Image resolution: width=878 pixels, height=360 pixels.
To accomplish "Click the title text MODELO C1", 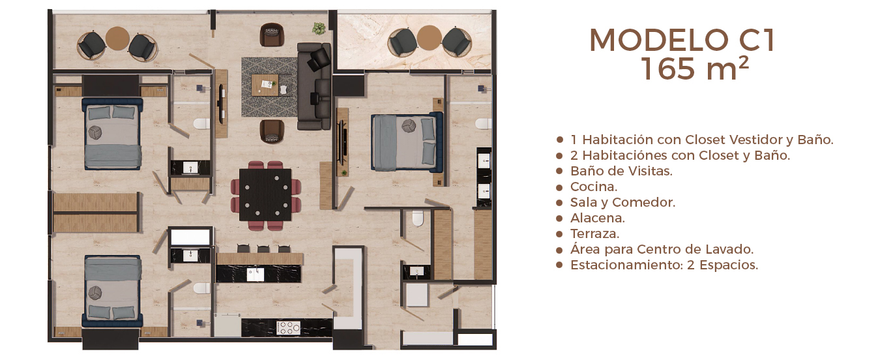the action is pyautogui.click(x=682, y=40).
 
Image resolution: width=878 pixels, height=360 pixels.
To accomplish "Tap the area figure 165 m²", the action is pyautogui.click(x=695, y=68).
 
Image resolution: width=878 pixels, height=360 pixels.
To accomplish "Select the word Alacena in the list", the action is pyautogui.click(x=597, y=218).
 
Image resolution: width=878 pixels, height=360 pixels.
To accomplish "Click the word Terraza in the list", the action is pyautogui.click(x=594, y=233).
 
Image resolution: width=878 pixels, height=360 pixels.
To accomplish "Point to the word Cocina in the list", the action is pyautogui.click(x=593, y=187).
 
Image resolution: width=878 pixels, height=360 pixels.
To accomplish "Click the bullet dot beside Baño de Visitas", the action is pyautogui.click(x=559, y=171).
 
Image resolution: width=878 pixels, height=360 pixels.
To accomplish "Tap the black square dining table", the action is pyautogui.click(x=265, y=195).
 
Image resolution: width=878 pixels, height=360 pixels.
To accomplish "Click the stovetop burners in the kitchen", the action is pyautogui.click(x=288, y=328).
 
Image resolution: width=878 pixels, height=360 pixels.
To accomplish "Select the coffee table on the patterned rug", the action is pyautogui.click(x=265, y=85).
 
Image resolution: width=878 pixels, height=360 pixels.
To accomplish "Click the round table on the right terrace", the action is pyautogui.click(x=429, y=38).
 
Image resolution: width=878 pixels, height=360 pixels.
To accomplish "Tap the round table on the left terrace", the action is pyautogui.click(x=117, y=38).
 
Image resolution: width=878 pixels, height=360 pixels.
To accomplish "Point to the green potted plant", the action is pyautogui.click(x=319, y=28).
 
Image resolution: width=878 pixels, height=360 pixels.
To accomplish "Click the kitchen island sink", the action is pyautogui.click(x=255, y=274).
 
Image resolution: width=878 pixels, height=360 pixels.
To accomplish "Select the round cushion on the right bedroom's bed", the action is pyautogui.click(x=409, y=125).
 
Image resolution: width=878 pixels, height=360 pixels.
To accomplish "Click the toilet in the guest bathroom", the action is pyautogui.click(x=418, y=218).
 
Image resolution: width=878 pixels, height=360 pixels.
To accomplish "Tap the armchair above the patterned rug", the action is pyautogui.click(x=272, y=34).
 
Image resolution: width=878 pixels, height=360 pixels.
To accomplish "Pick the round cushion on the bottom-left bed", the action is pyautogui.click(x=95, y=293).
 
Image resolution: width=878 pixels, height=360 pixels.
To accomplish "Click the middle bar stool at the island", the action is pyautogui.click(x=263, y=248).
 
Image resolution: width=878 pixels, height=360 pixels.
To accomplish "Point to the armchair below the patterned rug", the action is pyautogui.click(x=272, y=131).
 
